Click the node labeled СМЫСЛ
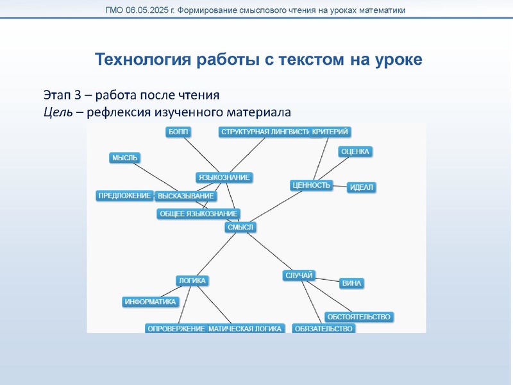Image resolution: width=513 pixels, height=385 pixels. tap(240, 227)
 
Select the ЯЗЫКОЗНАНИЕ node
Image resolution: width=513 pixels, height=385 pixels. tap(224, 177)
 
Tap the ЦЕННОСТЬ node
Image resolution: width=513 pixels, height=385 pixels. tap(311, 185)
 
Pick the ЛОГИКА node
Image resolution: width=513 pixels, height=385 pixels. tap(192, 280)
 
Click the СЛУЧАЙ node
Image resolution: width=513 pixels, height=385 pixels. tap(298, 275)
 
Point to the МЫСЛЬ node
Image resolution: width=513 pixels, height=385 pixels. tap(124, 158)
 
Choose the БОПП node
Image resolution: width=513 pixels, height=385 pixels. tap(178, 132)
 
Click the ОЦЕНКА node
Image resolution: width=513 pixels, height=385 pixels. tap(355, 151)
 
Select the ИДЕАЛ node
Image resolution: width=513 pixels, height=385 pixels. tap(362, 187)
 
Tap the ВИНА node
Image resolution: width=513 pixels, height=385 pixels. tap(351, 283)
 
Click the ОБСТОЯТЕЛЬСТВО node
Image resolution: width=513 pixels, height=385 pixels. tap(358, 317)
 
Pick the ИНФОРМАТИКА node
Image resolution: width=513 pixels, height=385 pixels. tap(150, 302)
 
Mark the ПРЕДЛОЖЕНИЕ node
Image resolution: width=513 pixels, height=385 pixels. tap(124, 196)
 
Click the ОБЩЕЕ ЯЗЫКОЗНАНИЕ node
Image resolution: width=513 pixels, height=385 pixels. tap(198, 214)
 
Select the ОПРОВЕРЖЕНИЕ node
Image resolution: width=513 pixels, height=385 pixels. tap(176, 329)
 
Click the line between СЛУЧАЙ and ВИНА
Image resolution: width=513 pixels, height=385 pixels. tap(327, 280)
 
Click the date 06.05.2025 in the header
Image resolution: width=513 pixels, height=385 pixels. tap(153, 10)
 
